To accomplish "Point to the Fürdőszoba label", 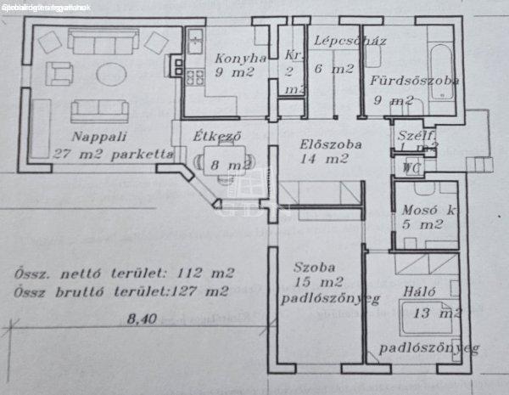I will (415, 82).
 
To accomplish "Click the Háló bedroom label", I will (420, 291).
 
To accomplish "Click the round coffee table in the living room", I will (114, 73).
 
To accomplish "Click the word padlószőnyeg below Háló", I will (430, 347).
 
